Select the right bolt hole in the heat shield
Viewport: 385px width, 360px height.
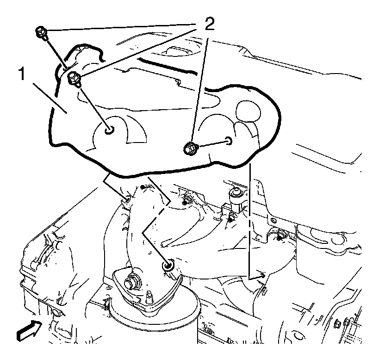point(229,140)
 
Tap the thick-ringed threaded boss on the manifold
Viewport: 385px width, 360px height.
point(169,265)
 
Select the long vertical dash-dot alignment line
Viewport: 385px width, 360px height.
point(250,217)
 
